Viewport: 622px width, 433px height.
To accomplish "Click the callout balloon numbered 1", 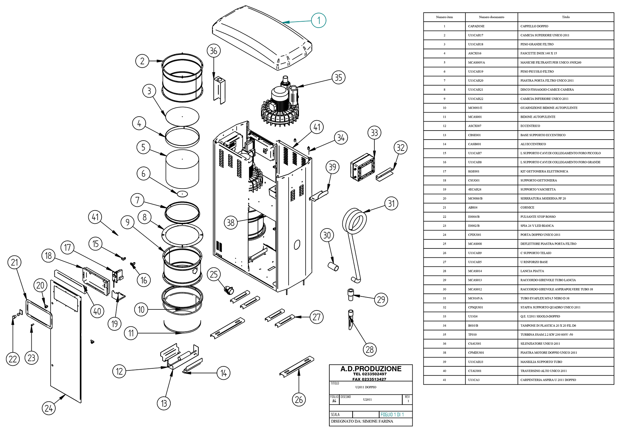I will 319,20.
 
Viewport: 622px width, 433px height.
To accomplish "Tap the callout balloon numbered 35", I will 338,78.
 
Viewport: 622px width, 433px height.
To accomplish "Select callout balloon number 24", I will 49,408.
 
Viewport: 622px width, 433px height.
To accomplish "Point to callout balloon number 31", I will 391,204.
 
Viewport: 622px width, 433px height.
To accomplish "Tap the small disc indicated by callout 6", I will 182,194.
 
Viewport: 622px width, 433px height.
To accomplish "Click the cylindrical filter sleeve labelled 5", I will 182,169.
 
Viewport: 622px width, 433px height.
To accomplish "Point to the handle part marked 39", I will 319,196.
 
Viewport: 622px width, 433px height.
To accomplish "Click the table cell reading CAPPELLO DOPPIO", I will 534,26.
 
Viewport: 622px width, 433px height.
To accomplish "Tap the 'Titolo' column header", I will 566,17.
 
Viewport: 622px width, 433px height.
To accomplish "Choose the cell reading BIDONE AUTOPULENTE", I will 538,117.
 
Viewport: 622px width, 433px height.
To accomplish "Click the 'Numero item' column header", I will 444,17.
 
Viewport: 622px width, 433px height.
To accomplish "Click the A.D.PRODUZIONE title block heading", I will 371,369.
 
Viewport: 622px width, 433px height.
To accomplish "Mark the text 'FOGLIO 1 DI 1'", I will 392,415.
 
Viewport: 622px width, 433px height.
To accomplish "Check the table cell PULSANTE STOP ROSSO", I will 538,217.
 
